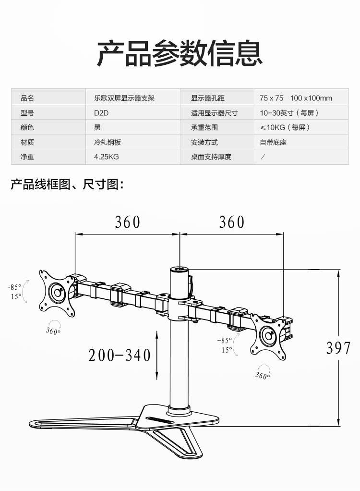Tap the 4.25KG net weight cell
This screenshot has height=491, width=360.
tap(106, 157)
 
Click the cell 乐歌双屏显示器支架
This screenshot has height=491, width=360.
tap(124, 98)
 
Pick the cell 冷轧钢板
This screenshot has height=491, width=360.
tap(107, 142)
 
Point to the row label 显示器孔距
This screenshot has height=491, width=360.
tap(207, 98)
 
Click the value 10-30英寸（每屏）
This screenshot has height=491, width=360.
tap(289, 113)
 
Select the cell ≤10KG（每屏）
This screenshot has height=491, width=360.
tap(285, 127)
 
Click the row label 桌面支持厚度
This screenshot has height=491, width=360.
tap(211, 157)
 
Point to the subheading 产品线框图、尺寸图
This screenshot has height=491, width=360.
tap(67, 184)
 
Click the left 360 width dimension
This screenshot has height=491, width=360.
tap(127, 222)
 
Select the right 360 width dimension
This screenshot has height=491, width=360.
tap(231, 222)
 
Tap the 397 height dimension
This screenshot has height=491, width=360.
tap(338, 348)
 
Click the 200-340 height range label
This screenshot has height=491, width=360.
tap(120, 355)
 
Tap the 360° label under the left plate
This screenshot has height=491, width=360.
tap(53, 331)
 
